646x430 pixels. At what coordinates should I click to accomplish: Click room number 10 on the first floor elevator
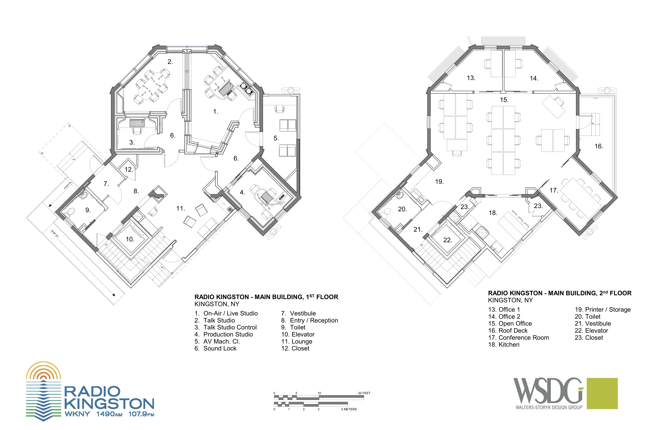tap(130, 239)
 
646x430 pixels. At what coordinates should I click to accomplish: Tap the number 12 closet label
tap(129, 169)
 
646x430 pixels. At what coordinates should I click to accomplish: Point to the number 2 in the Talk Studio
tap(170, 62)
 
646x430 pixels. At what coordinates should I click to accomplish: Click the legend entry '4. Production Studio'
tap(224, 334)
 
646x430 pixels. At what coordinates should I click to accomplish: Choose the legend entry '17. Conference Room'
tap(519, 338)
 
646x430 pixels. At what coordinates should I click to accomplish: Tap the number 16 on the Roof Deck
tap(599, 146)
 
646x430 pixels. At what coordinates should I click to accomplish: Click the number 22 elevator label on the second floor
tap(448, 240)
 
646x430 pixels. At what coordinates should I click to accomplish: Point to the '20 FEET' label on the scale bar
tap(364, 393)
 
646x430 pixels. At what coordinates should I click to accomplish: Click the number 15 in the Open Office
tap(504, 100)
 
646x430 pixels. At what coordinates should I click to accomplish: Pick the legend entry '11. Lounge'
tap(297, 341)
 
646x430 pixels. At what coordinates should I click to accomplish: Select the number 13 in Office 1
tap(471, 78)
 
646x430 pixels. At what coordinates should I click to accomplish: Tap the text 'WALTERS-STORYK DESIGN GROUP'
tap(549, 415)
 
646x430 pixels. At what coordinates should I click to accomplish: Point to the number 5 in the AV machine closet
tap(276, 138)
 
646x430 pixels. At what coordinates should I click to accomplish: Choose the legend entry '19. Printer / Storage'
tap(603, 310)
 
